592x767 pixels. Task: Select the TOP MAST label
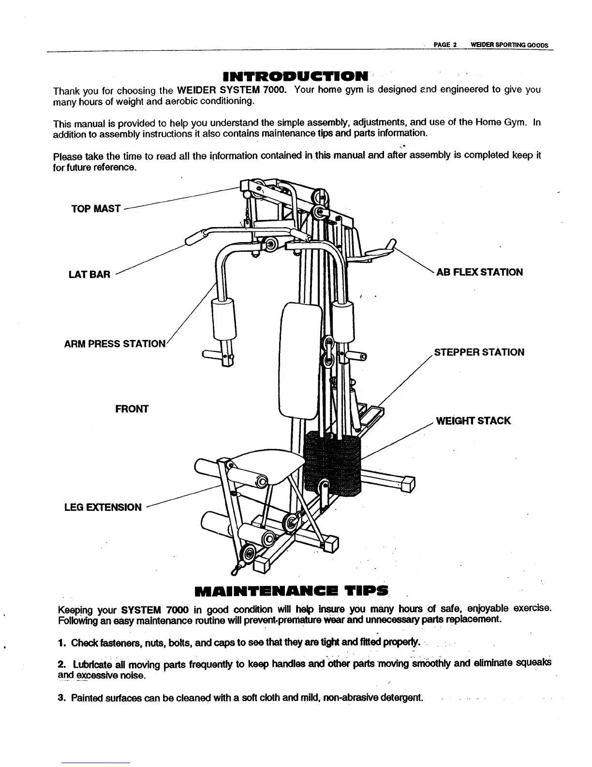(96, 209)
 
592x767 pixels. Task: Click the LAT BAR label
(89, 275)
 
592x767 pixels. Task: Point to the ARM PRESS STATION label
(115, 344)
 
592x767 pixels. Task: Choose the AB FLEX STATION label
(479, 272)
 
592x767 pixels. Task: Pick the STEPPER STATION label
(479, 353)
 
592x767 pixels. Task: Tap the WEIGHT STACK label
(473, 421)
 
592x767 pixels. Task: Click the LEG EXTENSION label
(103, 507)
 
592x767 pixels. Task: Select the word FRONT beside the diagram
(132, 409)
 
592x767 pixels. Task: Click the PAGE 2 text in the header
(445, 45)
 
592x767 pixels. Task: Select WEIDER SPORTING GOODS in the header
(505, 45)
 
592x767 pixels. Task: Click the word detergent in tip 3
(402, 698)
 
